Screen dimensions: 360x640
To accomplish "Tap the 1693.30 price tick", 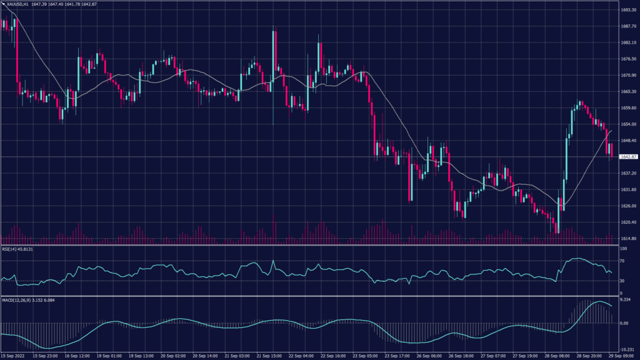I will (x=629, y=10).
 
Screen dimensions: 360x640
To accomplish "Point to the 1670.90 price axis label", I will (x=629, y=75).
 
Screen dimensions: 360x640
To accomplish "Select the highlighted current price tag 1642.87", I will (x=629, y=156).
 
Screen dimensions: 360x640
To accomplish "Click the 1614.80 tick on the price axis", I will (x=629, y=238).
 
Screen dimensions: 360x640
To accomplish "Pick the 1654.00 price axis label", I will (x=629, y=124).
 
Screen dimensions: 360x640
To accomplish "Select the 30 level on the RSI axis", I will (x=622, y=281).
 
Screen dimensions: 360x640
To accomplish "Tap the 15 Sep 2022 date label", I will (x=14, y=356).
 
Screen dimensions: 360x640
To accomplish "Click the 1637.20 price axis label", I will (x=629, y=173).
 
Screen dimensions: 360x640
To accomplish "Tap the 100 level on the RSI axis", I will (x=623, y=249).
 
